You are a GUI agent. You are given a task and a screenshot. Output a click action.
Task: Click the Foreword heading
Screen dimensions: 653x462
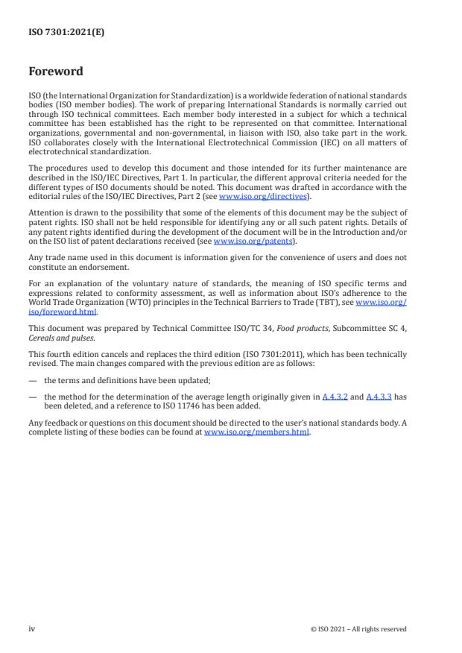[x=56, y=72]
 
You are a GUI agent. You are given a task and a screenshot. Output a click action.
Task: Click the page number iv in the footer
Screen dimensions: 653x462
[x=32, y=628]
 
